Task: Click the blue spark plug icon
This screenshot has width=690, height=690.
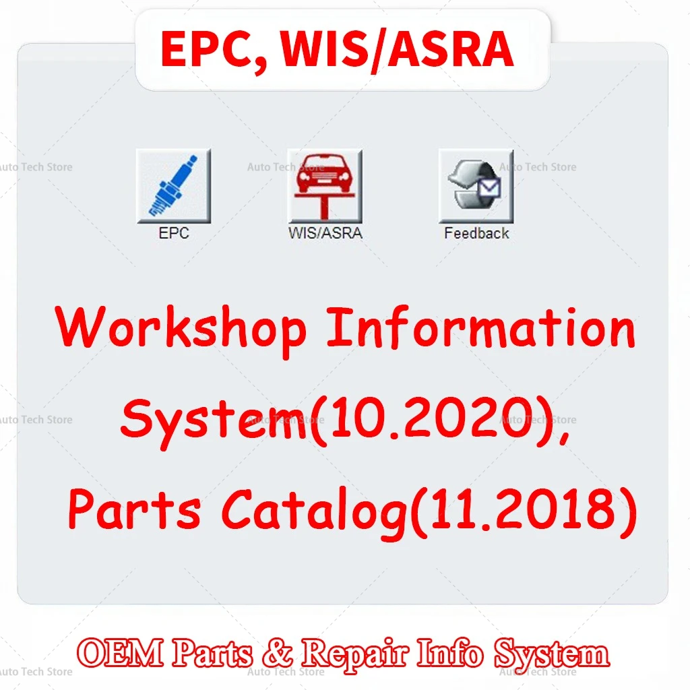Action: (174, 186)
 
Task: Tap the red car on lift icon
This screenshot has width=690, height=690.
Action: (325, 186)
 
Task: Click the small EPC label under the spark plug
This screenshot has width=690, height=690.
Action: (174, 232)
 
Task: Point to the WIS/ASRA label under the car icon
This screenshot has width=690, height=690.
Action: (325, 232)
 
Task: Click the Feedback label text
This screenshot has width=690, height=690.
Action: (476, 232)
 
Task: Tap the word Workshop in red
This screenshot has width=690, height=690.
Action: (181, 330)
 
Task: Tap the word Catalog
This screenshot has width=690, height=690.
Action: (314, 513)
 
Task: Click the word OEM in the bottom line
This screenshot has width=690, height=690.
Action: (120, 653)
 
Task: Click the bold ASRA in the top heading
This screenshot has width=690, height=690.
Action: (450, 49)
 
